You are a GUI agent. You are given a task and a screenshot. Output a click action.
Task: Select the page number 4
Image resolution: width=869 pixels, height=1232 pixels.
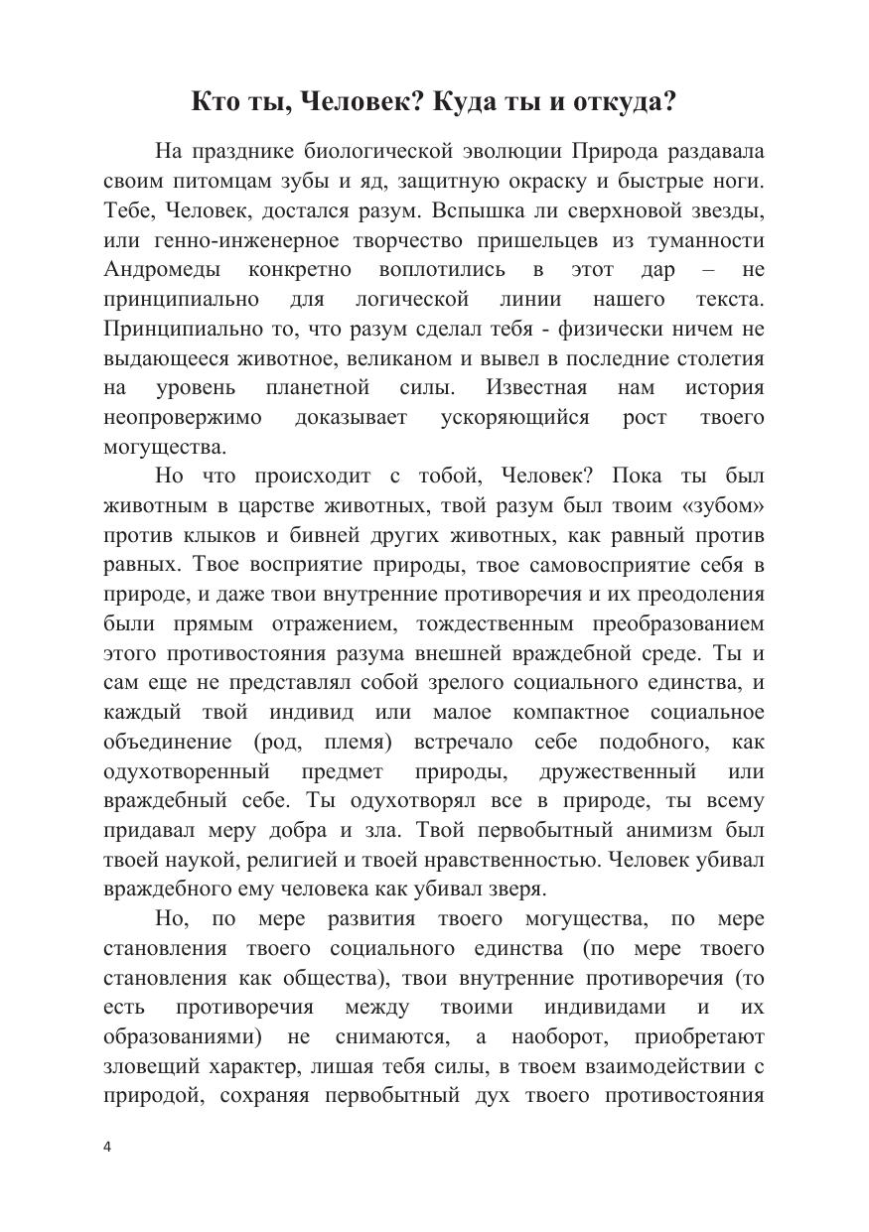pos(107,1147)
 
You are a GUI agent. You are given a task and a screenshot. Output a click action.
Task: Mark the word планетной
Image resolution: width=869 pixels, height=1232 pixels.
pos(318,387)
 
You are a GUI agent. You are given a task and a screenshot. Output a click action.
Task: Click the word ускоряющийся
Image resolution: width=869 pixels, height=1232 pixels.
pos(514,417)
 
